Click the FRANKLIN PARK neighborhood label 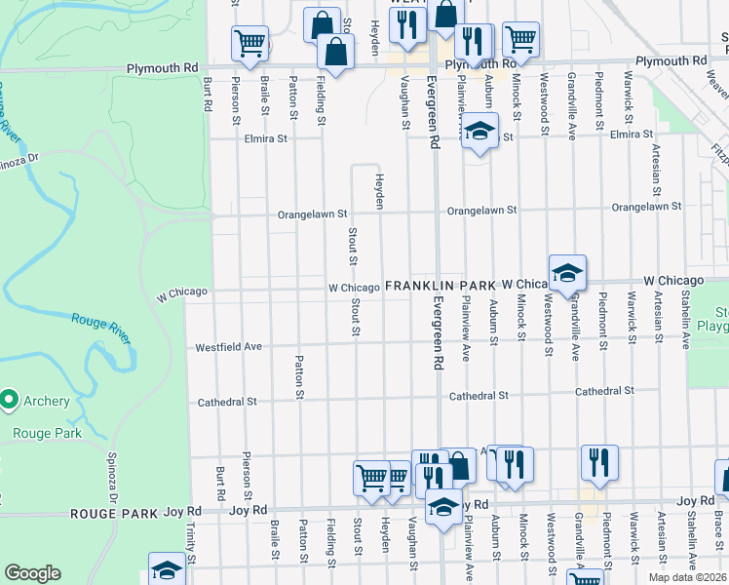[441, 285]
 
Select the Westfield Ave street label [228, 346]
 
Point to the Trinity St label [190, 537]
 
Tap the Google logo [32, 573]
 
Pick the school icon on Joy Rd [443, 509]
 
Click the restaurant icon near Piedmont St [599, 462]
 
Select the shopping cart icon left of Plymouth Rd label [249, 44]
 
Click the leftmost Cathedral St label [227, 401]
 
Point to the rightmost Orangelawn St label [646, 207]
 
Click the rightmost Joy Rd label [696, 501]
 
